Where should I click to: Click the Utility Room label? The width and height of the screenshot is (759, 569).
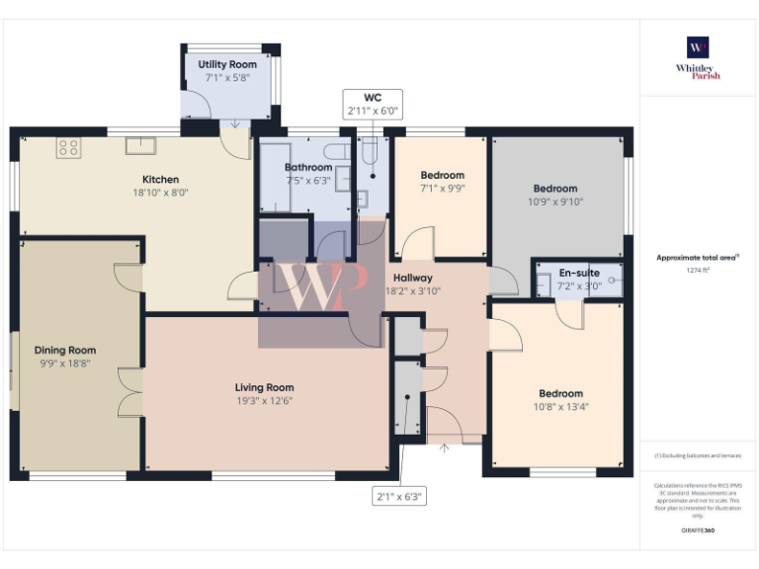227,64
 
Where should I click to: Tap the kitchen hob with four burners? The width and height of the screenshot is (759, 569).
68,148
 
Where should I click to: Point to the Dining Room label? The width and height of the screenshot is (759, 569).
65,350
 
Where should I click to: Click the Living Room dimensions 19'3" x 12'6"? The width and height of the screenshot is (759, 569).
264,400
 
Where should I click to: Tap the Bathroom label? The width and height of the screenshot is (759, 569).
308,168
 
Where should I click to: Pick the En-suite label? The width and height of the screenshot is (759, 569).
579,273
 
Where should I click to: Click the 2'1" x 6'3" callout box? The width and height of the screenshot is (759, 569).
399,497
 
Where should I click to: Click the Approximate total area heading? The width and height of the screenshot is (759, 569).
698,257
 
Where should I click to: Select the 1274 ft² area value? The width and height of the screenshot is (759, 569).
698,269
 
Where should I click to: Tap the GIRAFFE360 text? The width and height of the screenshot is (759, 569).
698,531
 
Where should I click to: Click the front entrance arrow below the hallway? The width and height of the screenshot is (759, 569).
443,448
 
